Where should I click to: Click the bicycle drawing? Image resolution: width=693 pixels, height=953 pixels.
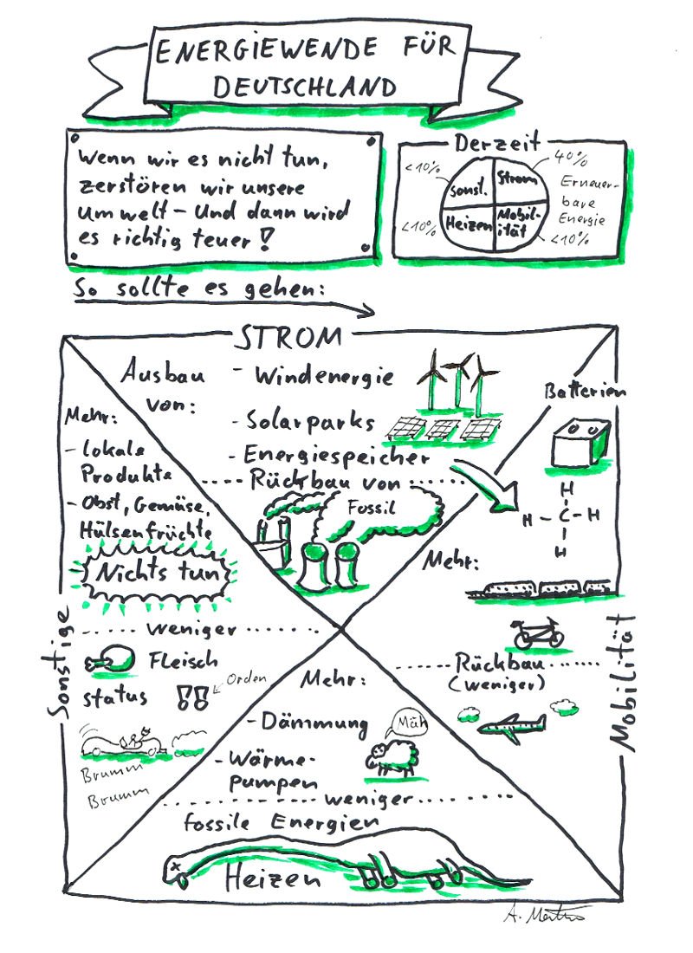(x=539, y=633)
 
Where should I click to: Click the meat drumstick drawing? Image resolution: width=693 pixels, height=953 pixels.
(x=112, y=661)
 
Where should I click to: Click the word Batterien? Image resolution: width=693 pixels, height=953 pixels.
(x=584, y=392)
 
